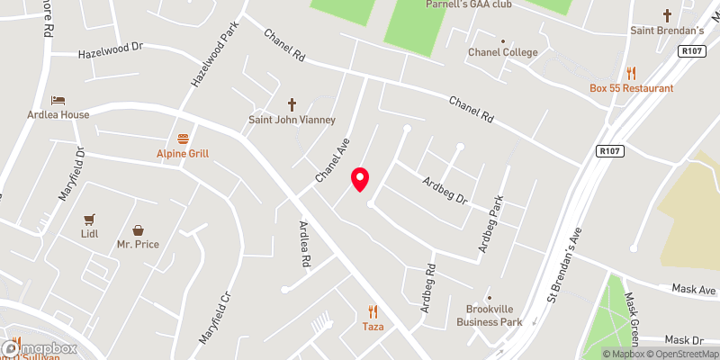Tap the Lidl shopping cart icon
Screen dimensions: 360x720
point(88,219)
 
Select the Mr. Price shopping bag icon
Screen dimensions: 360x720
point(138,230)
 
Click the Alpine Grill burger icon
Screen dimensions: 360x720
point(184,139)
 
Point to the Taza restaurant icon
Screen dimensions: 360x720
point(372,311)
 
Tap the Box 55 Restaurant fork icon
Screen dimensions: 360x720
point(632,73)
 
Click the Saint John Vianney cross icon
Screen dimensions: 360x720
point(292,104)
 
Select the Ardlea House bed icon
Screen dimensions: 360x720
point(58,100)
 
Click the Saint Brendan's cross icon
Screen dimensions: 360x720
point(667,15)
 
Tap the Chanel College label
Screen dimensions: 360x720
point(502,52)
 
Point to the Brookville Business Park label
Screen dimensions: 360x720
point(489,315)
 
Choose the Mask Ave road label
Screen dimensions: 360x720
point(695,291)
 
